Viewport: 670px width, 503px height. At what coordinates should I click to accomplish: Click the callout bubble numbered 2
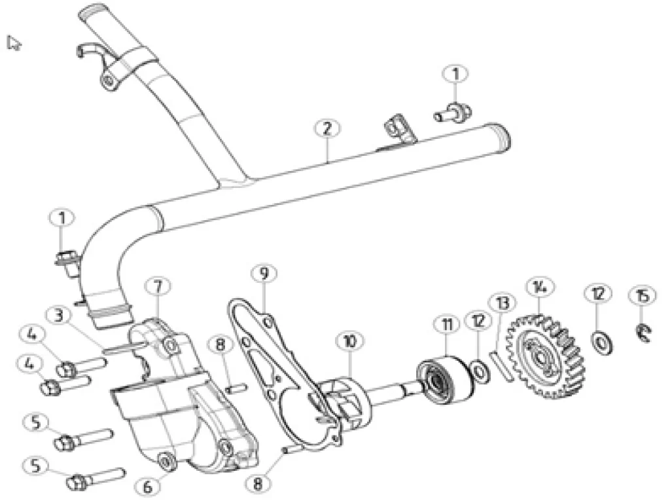coord(327,128)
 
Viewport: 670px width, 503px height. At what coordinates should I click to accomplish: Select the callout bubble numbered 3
coord(59,316)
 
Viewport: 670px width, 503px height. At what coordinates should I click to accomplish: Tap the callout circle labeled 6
coord(148,487)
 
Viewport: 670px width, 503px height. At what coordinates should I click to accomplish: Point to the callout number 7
coord(158,287)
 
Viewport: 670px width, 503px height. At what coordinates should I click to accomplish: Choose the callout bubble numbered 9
coord(264,273)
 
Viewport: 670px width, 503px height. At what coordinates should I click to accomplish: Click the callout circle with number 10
coord(350,341)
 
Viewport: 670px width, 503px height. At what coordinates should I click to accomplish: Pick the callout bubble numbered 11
coord(448,325)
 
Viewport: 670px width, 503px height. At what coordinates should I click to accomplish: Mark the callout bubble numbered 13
coord(502,303)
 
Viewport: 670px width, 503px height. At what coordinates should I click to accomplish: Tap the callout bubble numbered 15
coord(643,296)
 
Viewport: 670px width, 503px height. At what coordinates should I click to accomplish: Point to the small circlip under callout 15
coord(643,332)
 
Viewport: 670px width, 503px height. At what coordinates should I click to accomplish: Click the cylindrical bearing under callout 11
coord(445,380)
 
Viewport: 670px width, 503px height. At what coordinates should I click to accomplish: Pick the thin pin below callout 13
coord(501,364)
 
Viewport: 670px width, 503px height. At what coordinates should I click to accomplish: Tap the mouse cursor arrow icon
coord(13,43)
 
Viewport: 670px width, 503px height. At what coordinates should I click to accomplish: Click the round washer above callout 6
coord(166,461)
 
